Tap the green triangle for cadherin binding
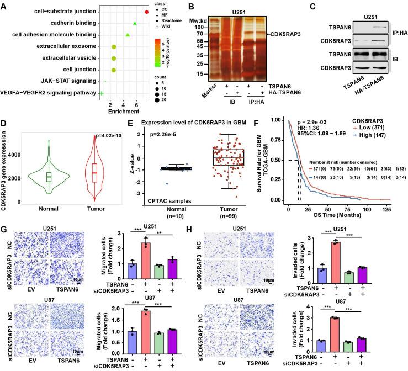[x=135, y=24]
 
